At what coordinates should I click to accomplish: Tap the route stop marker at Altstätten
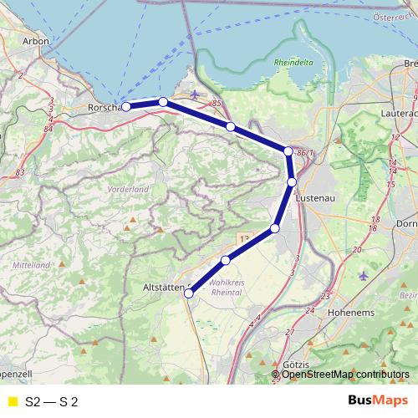(x=191, y=292)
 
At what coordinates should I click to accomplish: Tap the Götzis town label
(x=296, y=366)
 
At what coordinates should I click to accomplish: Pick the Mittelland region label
(x=32, y=263)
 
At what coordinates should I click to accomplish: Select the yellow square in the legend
(x=12, y=402)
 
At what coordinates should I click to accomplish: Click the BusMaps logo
(x=377, y=401)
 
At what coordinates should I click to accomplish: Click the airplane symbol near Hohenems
(x=362, y=275)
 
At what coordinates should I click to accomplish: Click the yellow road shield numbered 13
(x=243, y=239)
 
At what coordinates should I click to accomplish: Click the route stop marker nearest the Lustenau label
(x=292, y=181)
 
